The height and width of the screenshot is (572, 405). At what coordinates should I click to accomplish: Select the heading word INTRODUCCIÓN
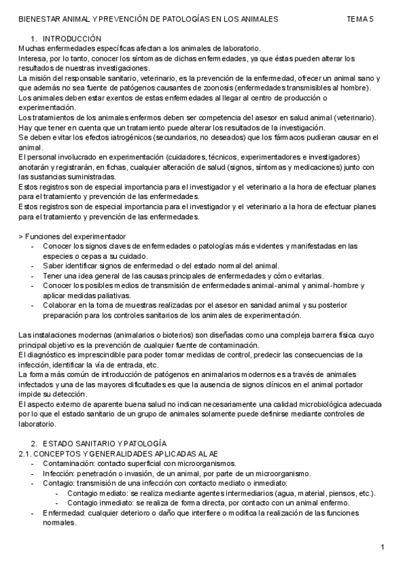coord(72,40)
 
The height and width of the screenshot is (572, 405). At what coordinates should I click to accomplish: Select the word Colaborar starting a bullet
coord(60,305)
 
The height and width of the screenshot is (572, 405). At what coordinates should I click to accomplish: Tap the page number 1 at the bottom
coord(382,546)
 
